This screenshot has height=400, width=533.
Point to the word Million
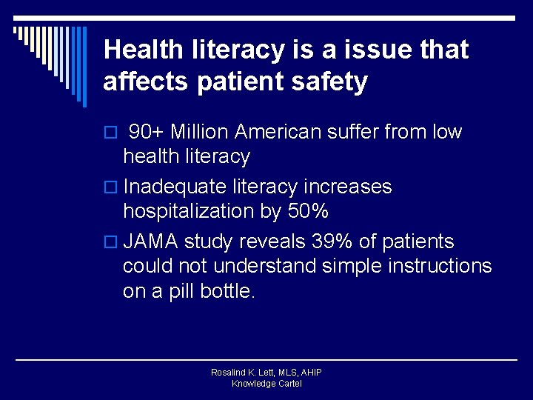tap(199, 133)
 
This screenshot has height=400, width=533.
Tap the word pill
tap(183, 292)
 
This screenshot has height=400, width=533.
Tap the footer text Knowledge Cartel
tap(266, 384)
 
